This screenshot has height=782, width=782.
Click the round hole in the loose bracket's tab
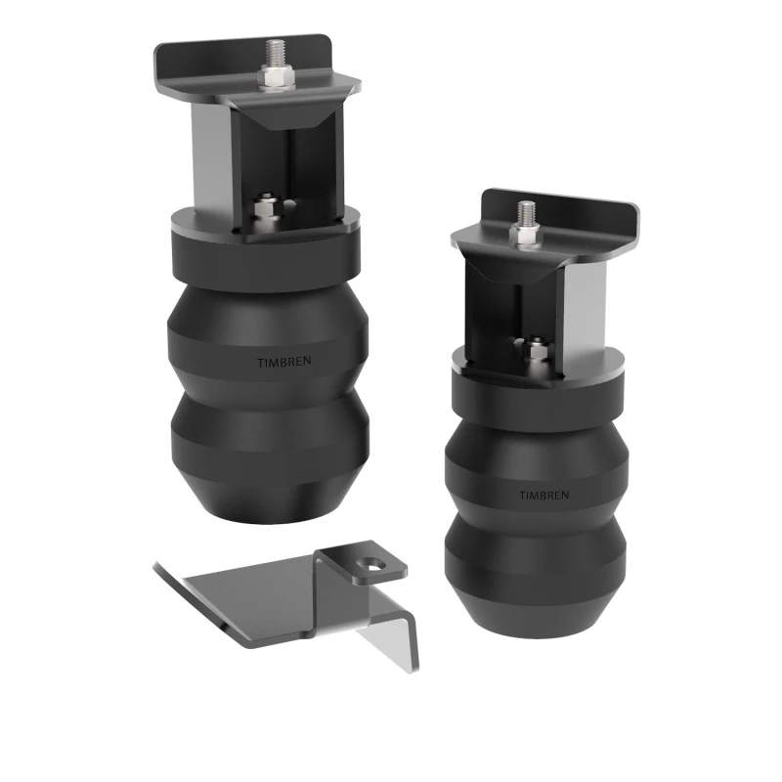(x=371, y=562)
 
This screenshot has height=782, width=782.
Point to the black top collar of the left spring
(x=264, y=249)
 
